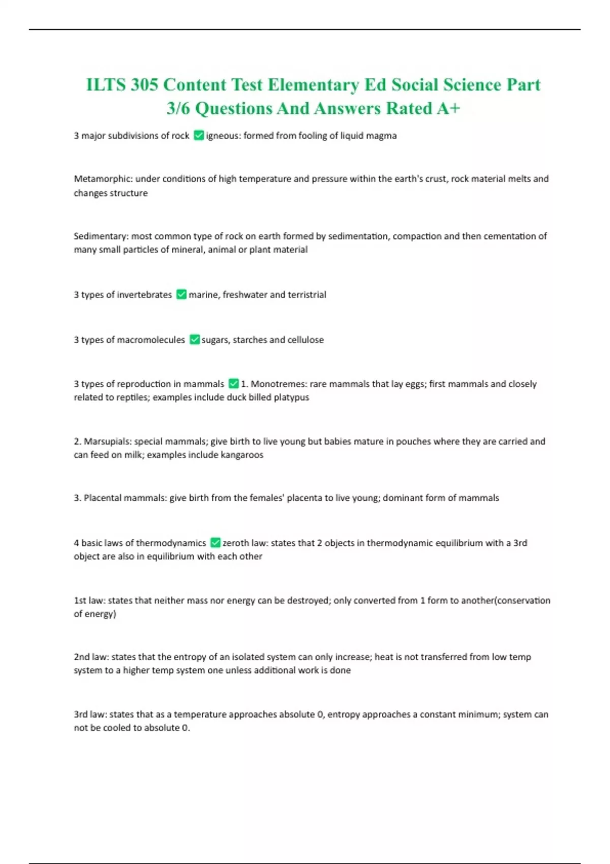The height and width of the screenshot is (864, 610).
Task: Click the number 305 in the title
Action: point(144,84)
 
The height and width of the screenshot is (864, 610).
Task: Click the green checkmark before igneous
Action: point(199,135)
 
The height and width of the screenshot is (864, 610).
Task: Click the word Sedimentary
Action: point(101,236)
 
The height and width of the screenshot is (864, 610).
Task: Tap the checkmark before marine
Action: point(181,294)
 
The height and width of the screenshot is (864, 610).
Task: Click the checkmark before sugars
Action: point(195,340)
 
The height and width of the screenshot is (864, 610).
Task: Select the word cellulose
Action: point(306,340)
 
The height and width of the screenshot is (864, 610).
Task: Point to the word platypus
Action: point(291,397)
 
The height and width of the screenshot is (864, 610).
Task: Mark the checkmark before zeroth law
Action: point(216,543)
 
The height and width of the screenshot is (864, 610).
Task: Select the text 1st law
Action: point(89,601)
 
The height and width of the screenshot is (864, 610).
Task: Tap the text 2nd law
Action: point(90,657)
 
